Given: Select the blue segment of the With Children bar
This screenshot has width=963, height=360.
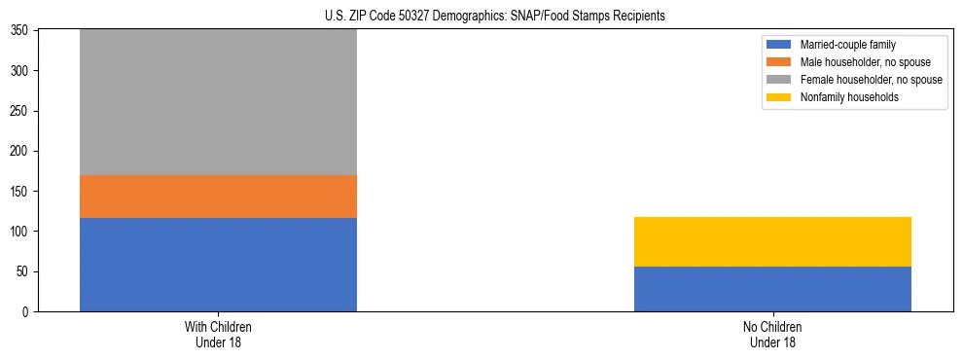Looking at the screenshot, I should (x=218, y=264).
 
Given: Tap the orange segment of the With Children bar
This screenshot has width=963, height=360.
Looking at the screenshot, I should (x=218, y=196).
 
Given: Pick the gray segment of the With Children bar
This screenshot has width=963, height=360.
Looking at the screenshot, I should (x=218, y=102).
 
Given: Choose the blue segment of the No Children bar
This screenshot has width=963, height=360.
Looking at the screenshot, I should (x=772, y=289).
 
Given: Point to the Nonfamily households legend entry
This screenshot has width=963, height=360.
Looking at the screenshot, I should (x=843, y=97).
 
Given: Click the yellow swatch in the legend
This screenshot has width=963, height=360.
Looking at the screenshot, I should (x=779, y=97).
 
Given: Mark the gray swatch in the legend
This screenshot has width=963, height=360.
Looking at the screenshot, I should (x=779, y=80).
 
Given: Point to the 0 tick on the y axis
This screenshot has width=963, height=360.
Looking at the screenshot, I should (x=27, y=312).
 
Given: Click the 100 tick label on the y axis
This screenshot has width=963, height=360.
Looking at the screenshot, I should (x=20, y=232).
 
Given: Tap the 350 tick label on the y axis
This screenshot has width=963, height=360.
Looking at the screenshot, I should (x=20, y=31).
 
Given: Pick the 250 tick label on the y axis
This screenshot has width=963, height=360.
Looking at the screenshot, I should (x=20, y=111).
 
